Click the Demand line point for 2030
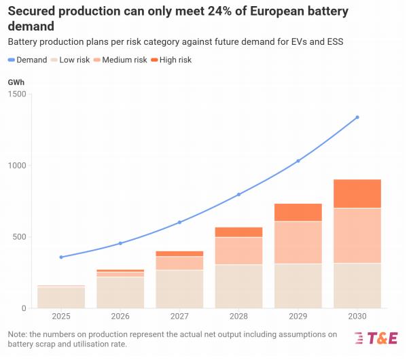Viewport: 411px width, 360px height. [x=357, y=118]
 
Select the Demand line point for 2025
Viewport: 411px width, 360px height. [x=61, y=257]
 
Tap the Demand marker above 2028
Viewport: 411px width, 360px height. [x=238, y=195]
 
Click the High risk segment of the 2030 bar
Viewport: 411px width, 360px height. [x=357, y=194]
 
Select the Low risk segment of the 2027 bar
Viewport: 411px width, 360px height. [x=179, y=289]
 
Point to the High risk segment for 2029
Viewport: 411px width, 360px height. [x=298, y=213]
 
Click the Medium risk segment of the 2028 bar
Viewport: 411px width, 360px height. [x=238, y=251]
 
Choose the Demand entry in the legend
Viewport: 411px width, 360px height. [x=28, y=60]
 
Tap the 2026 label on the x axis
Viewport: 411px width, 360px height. [x=120, y=317]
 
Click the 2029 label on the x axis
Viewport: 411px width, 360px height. [x=298, y=317]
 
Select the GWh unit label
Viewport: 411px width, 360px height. [x=16, y=82]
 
